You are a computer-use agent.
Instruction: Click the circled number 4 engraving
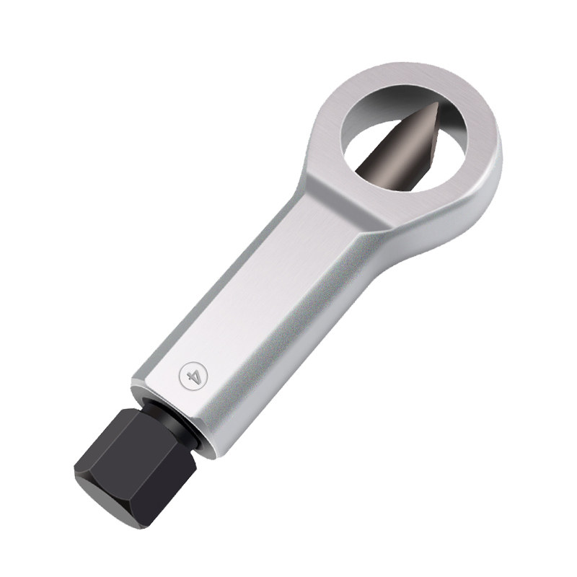tap(192, 376)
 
